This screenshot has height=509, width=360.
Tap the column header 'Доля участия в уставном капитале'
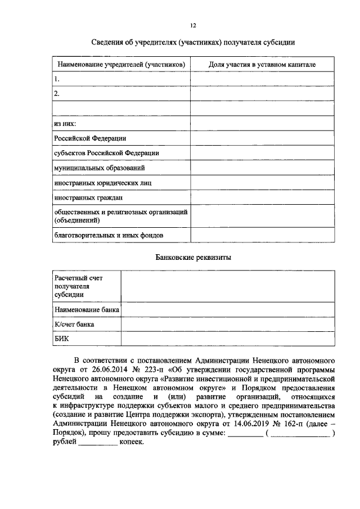262,65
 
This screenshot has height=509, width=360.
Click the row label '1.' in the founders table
57,79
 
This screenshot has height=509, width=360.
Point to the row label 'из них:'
65,123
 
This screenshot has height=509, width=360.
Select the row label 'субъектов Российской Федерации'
106,153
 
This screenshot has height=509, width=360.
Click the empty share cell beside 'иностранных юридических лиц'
262,183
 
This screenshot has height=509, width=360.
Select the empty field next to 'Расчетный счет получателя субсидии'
228,286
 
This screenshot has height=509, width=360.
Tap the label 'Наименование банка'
87,309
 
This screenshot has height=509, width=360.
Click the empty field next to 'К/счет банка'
228,325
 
